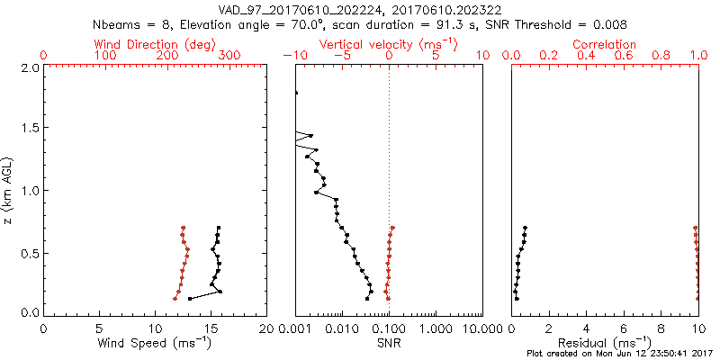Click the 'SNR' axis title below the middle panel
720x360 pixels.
[389, 343]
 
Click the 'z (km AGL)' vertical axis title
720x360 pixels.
[8, 190]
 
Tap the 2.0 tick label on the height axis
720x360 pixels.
[29, 67]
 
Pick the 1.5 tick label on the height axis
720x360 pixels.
[29, 129]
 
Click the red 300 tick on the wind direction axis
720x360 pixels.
[229, 56]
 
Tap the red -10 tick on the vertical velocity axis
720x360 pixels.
[293, 56]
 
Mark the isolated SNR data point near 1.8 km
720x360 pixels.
[295, 93]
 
